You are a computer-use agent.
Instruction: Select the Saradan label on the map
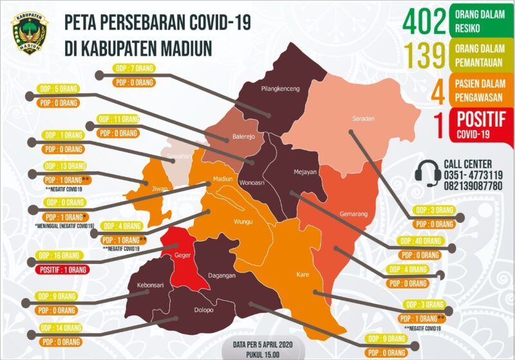pyautogui.click(x=363, y=118)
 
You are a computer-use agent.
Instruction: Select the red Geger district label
pyautogui.click(x=182, y=254)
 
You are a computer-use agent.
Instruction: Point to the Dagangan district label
pyautogui.click(x=221, y=275)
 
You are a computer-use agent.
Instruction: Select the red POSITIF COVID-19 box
pyautogui.click(x=477, y=125)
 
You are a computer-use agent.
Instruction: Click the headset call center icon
pyautogui.click(x=427, y=173)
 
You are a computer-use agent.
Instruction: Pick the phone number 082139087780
pyautogui.click(x=473, y=185)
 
